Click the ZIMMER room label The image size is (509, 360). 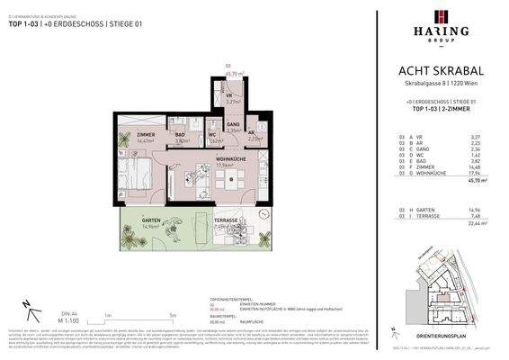tap(146, 135)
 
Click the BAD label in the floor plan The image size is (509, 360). tap(182, 135)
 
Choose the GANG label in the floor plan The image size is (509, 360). tap(232, 125)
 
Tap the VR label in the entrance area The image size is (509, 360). tap(230, 96)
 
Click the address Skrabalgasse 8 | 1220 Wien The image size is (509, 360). tap(440, 83)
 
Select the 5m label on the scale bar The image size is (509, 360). tap(172, 315)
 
